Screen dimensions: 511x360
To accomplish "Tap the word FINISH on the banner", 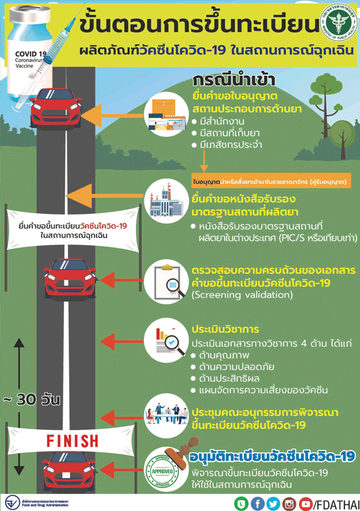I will click(x=73, y=441).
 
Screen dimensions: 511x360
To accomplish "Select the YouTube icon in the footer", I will click(x=305, y=503).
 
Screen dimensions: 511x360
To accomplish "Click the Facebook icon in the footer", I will click(x=257, y=503).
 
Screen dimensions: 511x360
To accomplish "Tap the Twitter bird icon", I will click(x=273, y=503).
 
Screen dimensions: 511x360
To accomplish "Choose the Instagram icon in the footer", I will click(x=289, y=503).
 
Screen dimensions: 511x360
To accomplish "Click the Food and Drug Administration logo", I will click(x=12, y=502).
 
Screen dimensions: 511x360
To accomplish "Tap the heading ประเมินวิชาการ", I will click(x=225, y=330).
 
